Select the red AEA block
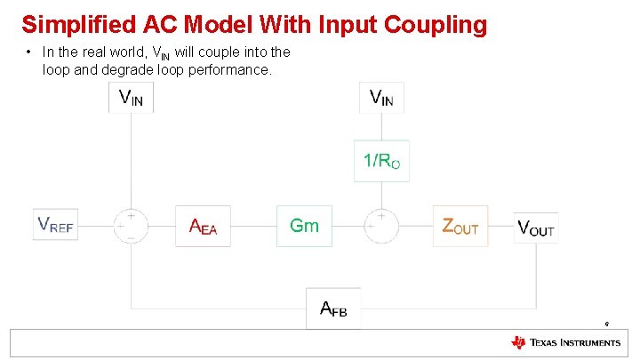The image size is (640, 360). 203,227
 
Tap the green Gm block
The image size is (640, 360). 304,226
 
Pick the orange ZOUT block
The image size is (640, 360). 460,226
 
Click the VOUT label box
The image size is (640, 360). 536,228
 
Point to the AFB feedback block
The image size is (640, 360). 333,308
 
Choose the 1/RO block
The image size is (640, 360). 381,161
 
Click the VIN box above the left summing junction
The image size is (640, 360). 131,98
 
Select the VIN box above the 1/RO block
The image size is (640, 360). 381,98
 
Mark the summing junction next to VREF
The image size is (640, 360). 131,226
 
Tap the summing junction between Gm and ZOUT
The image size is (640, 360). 381,226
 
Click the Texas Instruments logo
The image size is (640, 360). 565,342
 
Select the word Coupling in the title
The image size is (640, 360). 436,24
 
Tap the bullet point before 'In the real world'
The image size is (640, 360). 29,53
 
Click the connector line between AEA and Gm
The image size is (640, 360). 252,226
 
